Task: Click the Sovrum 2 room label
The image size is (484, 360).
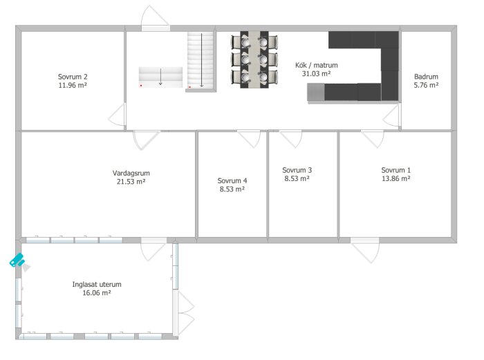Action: coord(73,77)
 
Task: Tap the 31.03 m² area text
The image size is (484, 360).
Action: coord(317,74)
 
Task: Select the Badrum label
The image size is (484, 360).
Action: coord(426,77)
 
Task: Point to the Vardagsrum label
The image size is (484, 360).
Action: coord(131,173)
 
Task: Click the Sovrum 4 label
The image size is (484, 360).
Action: coord(232,180)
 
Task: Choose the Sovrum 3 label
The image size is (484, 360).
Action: coord(297,170)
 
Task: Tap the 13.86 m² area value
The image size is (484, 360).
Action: coord(396,178)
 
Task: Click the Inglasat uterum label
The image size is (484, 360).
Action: coord(97,285)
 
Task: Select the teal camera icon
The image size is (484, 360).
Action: coord(17,260)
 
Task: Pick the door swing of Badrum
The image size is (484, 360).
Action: coord(392,115)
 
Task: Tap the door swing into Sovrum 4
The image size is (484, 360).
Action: coord(249,139)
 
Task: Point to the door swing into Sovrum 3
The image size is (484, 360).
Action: coord(291,139)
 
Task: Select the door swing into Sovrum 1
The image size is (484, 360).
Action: coord(373,139)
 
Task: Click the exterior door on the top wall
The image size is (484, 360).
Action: coord(156,19)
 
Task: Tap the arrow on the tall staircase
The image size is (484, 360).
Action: coord(202,60)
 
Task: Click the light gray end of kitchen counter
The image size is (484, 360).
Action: coord(316,92)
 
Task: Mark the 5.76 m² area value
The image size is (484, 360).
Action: coord(426,85)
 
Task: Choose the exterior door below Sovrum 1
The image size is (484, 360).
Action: coord(365,251)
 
